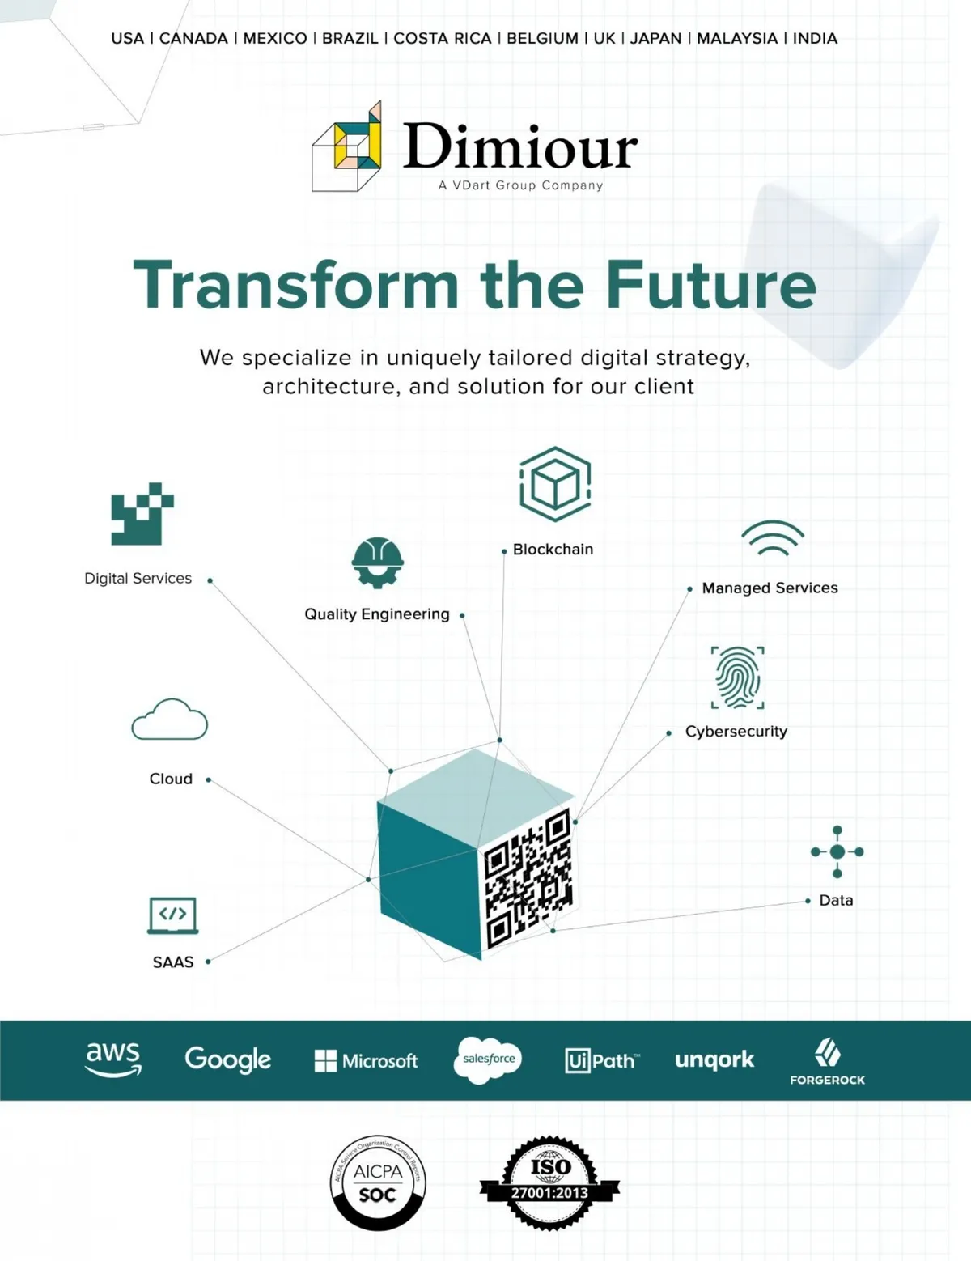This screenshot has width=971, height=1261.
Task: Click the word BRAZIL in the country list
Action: [x=350, y=38]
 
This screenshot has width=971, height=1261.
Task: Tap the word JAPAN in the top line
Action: [x=655, y=38]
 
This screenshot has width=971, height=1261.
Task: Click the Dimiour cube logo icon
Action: [x=347, y=147]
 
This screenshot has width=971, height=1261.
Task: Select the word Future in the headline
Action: [x=710, y=285]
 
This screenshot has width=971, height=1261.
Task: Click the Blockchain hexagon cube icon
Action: [x=555, y=484]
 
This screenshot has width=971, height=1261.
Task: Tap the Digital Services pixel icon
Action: [x=142, y=514]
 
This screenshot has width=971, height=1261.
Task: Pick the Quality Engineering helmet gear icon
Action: [x=377, y=562]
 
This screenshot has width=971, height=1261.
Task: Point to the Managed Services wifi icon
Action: [x=773, y=538]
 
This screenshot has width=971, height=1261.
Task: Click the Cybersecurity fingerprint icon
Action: [x=737, y=677]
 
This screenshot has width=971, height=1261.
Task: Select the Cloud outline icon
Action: [x=170, y=720]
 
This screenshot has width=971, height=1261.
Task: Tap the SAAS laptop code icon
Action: [x=172, y=915]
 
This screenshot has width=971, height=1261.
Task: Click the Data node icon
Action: [x=837, y=851]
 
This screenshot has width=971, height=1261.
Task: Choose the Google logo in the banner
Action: [x=228, y=1059]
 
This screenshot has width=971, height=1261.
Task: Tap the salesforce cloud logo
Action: [x=488, y=1059]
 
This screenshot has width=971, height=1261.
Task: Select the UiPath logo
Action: [x=602, y=1060]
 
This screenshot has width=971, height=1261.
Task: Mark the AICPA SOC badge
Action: [x=378, y=1182]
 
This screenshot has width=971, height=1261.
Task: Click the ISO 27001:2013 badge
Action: [x=550, y=1182]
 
